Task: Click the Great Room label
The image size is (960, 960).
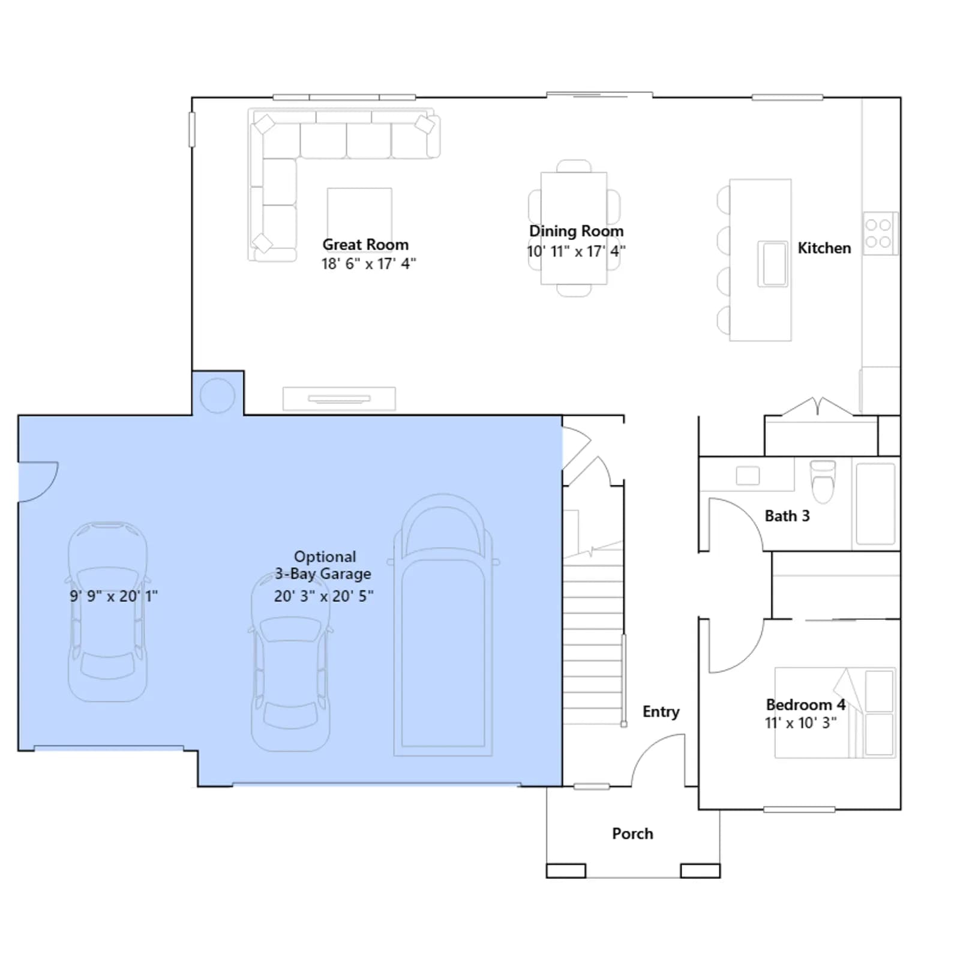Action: click(x=365, y=245)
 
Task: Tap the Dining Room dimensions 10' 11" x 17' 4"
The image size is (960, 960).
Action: click(x=576, y=251)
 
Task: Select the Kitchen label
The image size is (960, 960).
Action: click(x=824, y=248)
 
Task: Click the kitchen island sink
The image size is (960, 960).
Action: click(x=773, y=264)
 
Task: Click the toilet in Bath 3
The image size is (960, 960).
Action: click(x=823, y=481)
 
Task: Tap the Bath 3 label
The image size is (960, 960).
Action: click(x=787, y=516)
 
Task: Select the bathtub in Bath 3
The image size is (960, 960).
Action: click(x=875, y=503)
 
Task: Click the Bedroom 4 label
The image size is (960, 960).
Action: click(x=805, y=704)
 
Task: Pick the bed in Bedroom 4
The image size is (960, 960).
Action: click(x=835, y=713)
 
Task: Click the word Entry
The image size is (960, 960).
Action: click(x=661, y=712)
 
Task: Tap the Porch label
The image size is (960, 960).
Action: click(x=632, y=833)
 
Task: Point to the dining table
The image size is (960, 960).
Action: click(x=574, y=228)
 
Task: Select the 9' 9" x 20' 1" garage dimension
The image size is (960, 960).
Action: click(x=113, y=596)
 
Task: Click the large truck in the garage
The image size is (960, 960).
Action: click(x=443, y=625)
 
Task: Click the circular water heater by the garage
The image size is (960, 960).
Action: click(x=217, y=395)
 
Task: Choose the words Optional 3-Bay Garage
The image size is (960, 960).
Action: click(x=324, y=565)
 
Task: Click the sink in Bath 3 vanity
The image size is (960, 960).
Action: click(x=748, y=476)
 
